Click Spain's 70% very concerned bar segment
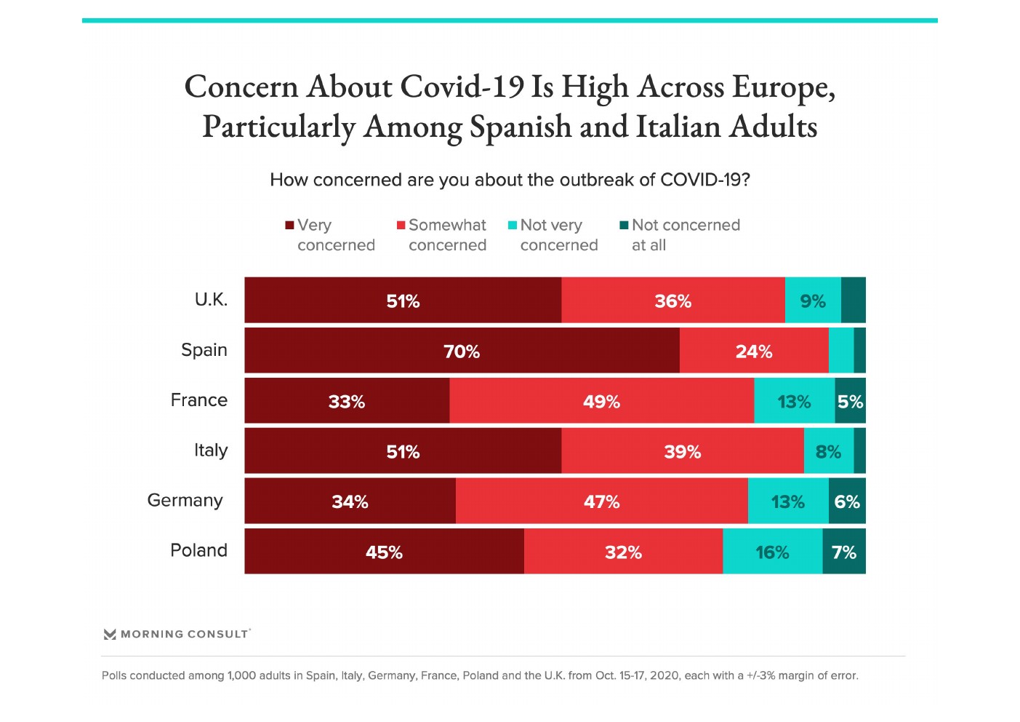coord(462,351)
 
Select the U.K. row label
coord(211,300)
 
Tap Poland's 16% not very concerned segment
coord(772,552)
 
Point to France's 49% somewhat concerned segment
coord(601,401)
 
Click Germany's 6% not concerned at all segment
coord(847,501)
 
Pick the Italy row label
coord(211,451)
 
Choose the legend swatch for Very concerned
coord(289,226)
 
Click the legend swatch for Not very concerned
coord(513,226)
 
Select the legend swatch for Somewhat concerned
coord(401,226)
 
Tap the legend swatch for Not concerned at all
coord(624,226)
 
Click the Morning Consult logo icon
coord(110,634)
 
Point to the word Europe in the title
coord(783,87)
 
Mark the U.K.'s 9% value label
coord(813,301)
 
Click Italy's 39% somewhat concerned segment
coord(682,451)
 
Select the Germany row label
coord(185,501)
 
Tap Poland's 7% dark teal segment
coord(844,552)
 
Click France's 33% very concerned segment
coord(347,401)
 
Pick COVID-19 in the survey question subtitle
coord(704,180)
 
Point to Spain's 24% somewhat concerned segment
coord(754,351)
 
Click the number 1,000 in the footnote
coord(241,675)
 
